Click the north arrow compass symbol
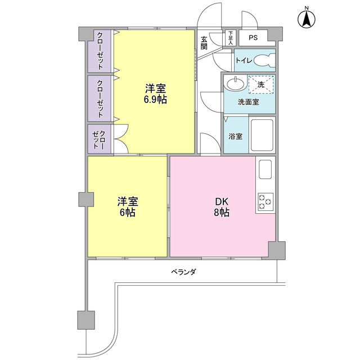click(307, 18)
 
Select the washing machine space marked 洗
click(261, 84)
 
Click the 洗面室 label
click(248, 102)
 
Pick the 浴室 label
click(235, 137)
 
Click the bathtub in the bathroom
click(261, 135)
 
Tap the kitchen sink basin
click(265, 169)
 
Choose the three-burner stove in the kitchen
click(265, 201)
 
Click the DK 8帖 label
click(221, 207)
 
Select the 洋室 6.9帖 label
click(155, 94)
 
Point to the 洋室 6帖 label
click(127, 207)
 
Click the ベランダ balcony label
click(183, 272)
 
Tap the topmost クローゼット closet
click(100, 51)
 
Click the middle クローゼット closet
click(100, 97)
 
